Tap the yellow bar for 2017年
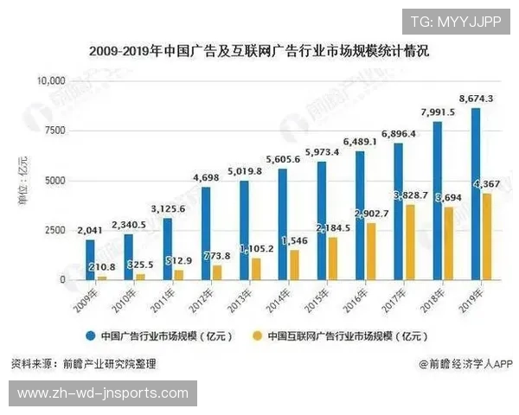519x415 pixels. (409, 242)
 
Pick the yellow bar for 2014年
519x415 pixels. (294, 265)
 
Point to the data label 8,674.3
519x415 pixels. (476, 99)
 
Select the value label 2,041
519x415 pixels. (89, 231)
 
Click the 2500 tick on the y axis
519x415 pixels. (55, 230)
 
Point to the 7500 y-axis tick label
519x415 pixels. (55, 131)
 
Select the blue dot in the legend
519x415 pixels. (90, 335)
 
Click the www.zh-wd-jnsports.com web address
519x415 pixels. (102, 393)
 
